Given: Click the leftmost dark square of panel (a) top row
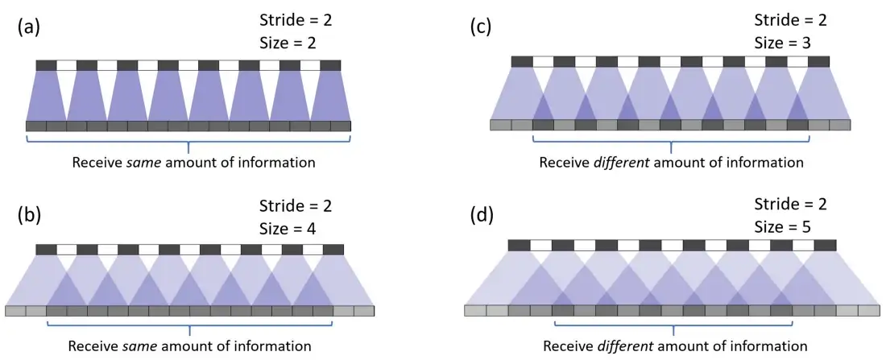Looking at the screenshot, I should [46, 64].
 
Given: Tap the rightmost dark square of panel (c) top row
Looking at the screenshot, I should [818, 61].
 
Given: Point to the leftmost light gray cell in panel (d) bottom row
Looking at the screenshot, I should [475, 310].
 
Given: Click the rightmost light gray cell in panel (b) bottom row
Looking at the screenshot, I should [364, 310].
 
